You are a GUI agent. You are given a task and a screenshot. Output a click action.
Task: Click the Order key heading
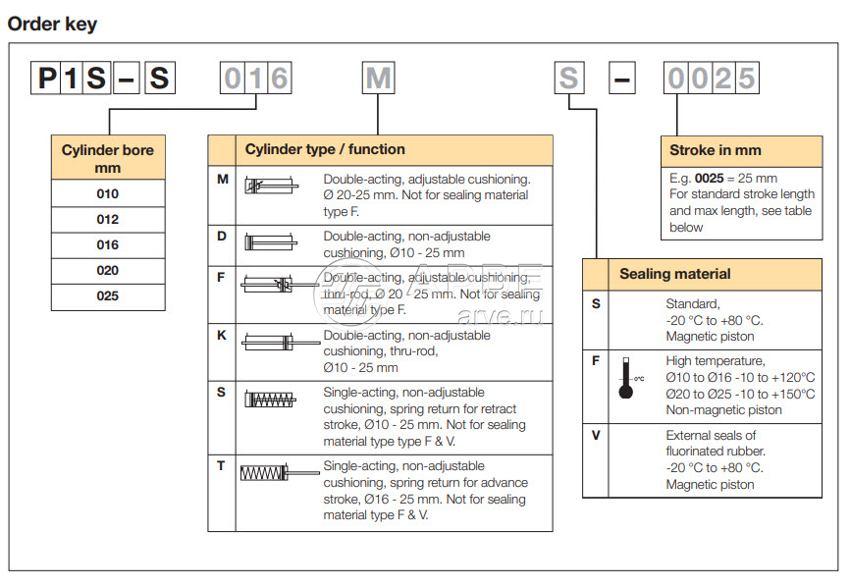[52, 24]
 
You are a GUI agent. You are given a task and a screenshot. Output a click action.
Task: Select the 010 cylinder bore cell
[108, 193]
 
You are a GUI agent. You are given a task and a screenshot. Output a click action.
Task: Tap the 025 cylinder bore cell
[108, 295]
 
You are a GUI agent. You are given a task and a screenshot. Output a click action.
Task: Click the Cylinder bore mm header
[108, 159]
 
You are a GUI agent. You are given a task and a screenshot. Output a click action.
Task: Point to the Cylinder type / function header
[325, 150]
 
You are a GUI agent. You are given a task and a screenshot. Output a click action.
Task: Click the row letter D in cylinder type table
[222, 237]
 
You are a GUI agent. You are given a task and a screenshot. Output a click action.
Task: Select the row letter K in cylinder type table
[222, 335]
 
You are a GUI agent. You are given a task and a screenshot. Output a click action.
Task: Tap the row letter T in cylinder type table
[222, 465]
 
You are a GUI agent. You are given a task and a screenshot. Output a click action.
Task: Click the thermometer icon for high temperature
[626, 378]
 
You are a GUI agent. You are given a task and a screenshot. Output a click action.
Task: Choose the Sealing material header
[675, 274]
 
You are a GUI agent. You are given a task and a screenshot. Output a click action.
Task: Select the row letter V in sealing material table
[596, 435]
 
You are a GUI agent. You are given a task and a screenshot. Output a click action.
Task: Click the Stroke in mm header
[716, 150]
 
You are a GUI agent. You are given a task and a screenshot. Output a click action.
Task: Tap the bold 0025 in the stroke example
[712, 178]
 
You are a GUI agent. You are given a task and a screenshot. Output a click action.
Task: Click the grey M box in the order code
[378, 78]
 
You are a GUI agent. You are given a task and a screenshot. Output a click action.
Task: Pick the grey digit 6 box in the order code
[279, 78]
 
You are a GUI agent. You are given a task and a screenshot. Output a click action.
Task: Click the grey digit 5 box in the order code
[748, 78]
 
